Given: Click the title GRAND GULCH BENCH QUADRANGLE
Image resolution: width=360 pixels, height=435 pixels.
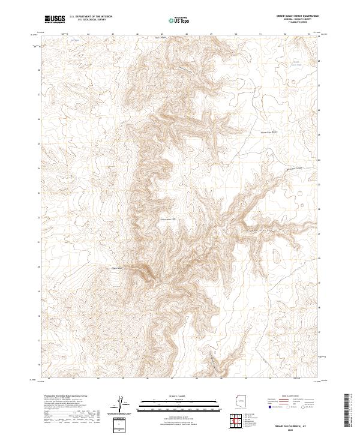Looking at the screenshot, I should pos(298,16).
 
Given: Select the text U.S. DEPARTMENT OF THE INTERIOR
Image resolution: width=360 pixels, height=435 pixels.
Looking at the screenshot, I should pos(91,17).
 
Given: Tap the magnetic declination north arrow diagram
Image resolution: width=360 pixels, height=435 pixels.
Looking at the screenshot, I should pos(120,403).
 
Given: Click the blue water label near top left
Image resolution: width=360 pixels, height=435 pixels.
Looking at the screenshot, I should pos(74,40).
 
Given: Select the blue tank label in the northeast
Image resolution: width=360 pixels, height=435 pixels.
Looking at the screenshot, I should pos(295,63).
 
